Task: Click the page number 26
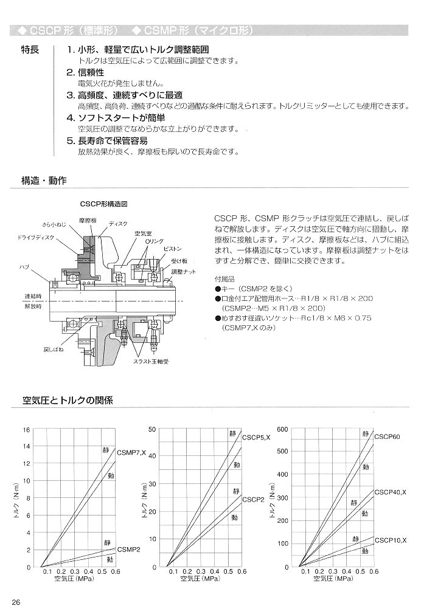(x=16, y=602)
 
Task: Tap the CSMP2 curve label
(x=128, y=550)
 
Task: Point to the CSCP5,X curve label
(x=256, y=438)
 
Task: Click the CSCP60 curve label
(x=387, y=437)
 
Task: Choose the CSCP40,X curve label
(x=390, y=492)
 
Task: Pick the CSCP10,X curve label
(x=390, y=540)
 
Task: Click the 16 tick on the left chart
(x=26, y=430)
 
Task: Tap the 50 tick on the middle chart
(x=152, y=429)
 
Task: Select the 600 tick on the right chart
(x=282, y=429)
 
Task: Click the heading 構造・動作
(x=44, y=181)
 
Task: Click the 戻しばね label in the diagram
(x=36, y=350)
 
